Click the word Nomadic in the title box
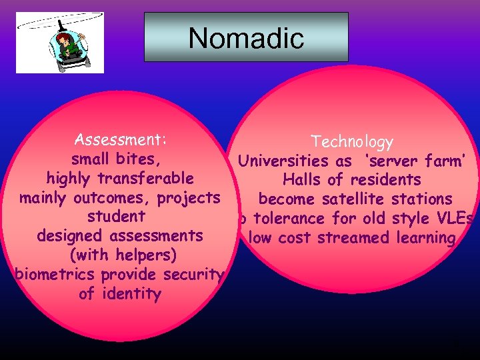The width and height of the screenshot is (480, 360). coord(246,38)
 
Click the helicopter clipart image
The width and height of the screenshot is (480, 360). coord(59,42)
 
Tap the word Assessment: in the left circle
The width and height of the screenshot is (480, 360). coord(121,140)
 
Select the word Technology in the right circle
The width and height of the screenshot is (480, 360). coord(352,142)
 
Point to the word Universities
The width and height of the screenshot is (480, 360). coord(283,161)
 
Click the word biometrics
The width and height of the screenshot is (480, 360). coord(53,275)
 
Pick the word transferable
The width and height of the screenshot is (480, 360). coord(146,179)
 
